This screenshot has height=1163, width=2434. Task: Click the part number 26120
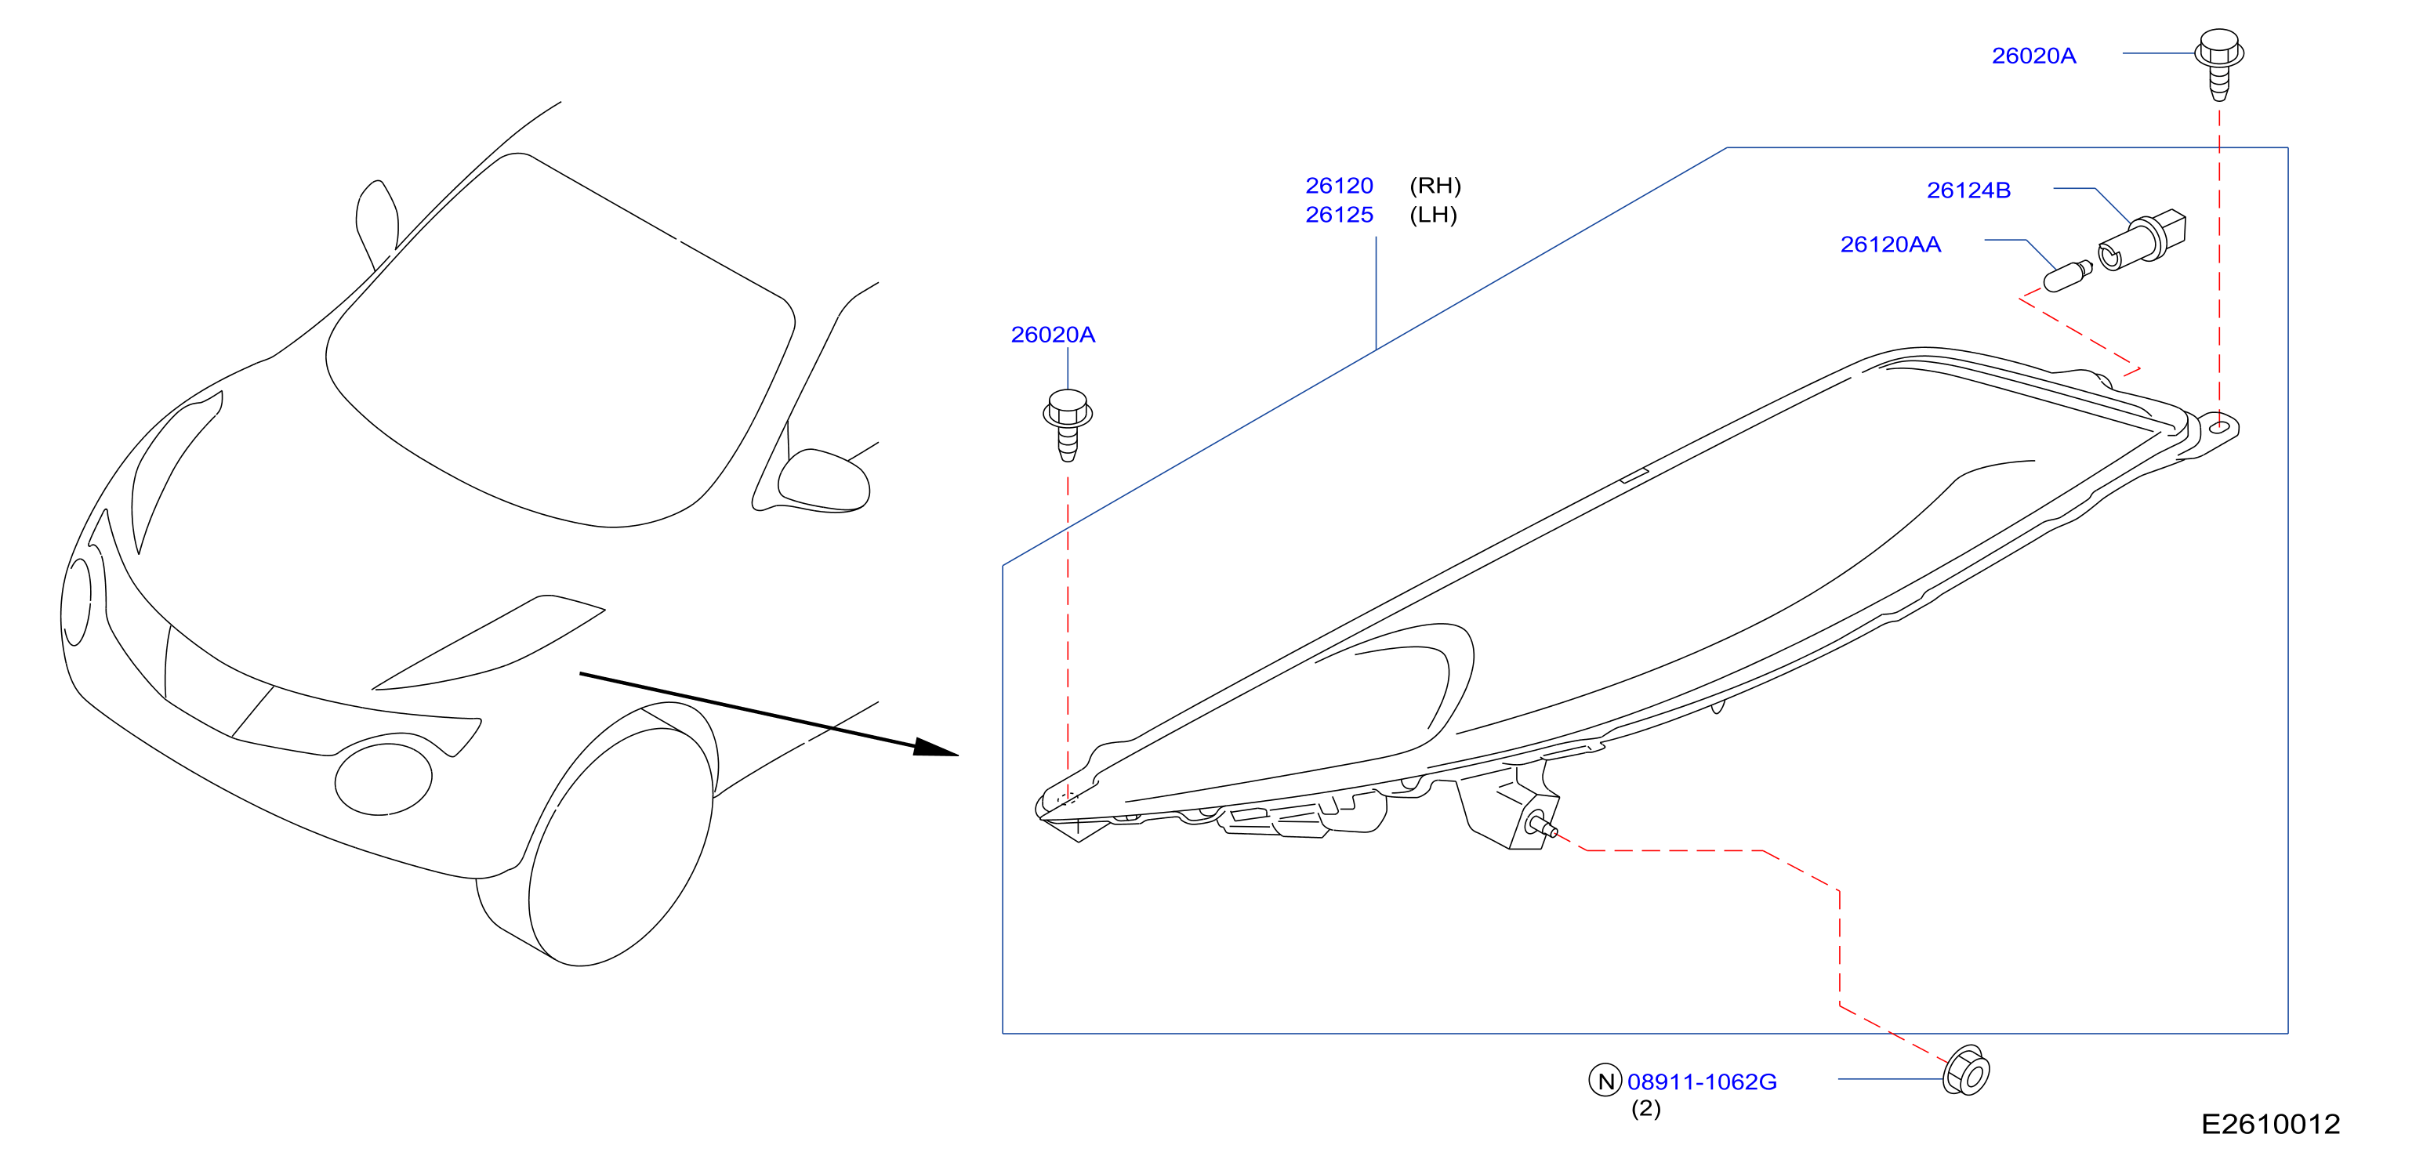pyautogui.click(x=1339, y=185)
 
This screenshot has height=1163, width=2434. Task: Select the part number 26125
pyautogui.click(x=1339, y=215)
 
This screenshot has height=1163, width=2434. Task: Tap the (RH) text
pyautogui.click(x=1435, y=185)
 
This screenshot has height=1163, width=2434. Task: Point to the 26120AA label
pyautogui.click(x=1890, y=244)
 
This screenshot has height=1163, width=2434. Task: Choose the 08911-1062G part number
pyautogui.click(x=1701, y=1081)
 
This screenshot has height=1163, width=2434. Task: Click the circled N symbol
pyautogui.click(x=1605, y=1080)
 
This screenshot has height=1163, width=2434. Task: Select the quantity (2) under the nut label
pyautogui.click(x=1645, y=1108)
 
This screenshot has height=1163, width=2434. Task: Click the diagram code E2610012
pyautogui.click(x=2270, y=1125)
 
